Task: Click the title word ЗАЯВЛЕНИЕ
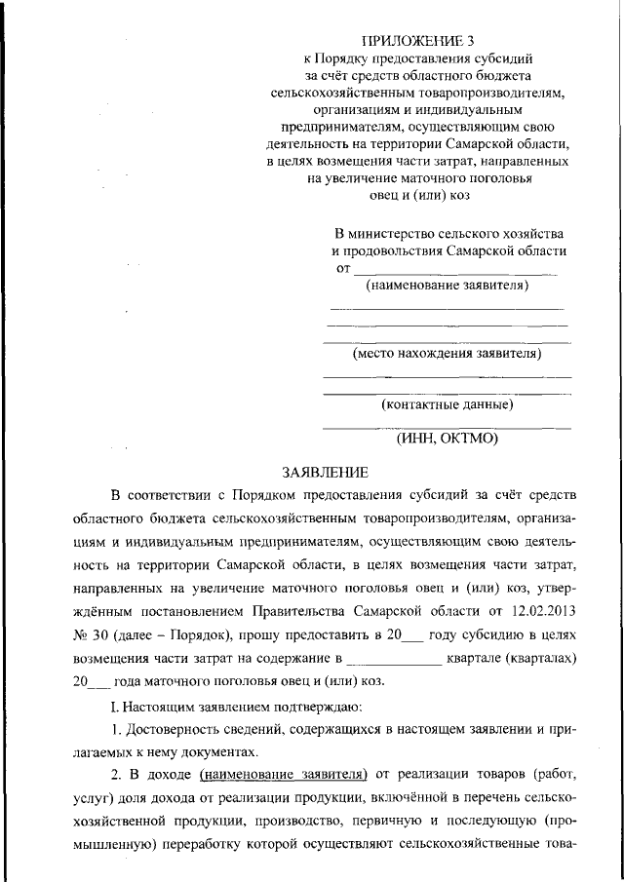click(325, 473)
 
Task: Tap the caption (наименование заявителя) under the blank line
click(447, 286)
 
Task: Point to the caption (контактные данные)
click(448, 404)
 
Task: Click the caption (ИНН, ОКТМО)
click(448, 439)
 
